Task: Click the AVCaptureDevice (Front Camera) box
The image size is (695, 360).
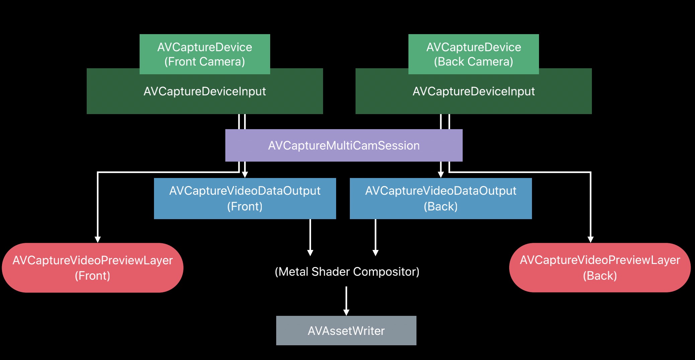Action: (x=205, y=54)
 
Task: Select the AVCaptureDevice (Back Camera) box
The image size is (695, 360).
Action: (x=473, y=54)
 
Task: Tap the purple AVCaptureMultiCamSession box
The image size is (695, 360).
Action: (x=344, y=146)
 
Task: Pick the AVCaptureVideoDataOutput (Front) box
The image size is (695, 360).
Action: (x=245, y=198)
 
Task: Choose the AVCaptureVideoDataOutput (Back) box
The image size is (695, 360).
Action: (x=441, y=198)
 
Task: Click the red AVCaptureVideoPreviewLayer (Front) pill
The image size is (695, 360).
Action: (x=92, y=268)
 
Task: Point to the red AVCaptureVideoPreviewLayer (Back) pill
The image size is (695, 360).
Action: (x=600, y=268)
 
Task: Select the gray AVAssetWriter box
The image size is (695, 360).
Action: (x=346, y=331)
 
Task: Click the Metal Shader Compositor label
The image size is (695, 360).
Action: (x=347, y=272)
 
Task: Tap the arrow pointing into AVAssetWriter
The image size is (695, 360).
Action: (x=346, y=301)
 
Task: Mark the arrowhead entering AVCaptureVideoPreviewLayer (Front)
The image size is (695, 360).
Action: (x=97, y=239)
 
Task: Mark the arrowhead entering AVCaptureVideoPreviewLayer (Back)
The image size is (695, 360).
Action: (x=591, y=239)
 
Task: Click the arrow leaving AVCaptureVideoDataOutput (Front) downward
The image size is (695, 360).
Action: (x=310, y=238)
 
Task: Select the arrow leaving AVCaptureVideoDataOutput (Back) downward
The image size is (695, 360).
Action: (x=376, y=238)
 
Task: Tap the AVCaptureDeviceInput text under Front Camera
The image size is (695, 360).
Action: (x=205, y=91)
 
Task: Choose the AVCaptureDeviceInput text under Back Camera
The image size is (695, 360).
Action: (x=473, y=91)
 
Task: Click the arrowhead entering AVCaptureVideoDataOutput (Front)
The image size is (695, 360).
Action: (x=245, y=174)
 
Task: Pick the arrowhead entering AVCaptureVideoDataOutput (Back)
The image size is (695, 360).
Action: (x=441, y=174)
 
